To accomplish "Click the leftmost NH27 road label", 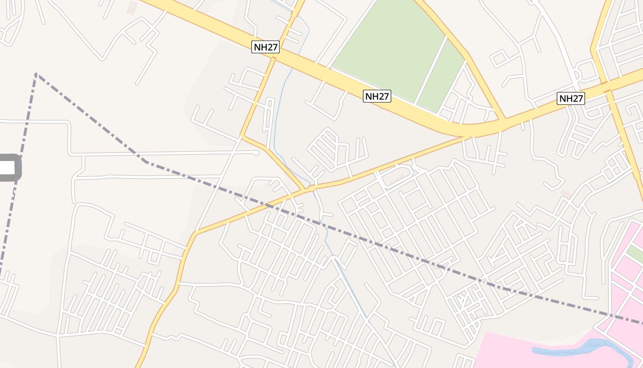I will [x=265, y=46].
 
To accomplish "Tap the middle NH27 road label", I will [x=377, y=96].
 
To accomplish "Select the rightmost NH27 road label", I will [x=571, y=98].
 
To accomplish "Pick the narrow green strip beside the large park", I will [x=441, y=78].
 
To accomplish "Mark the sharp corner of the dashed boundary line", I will [x=36, y=74].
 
